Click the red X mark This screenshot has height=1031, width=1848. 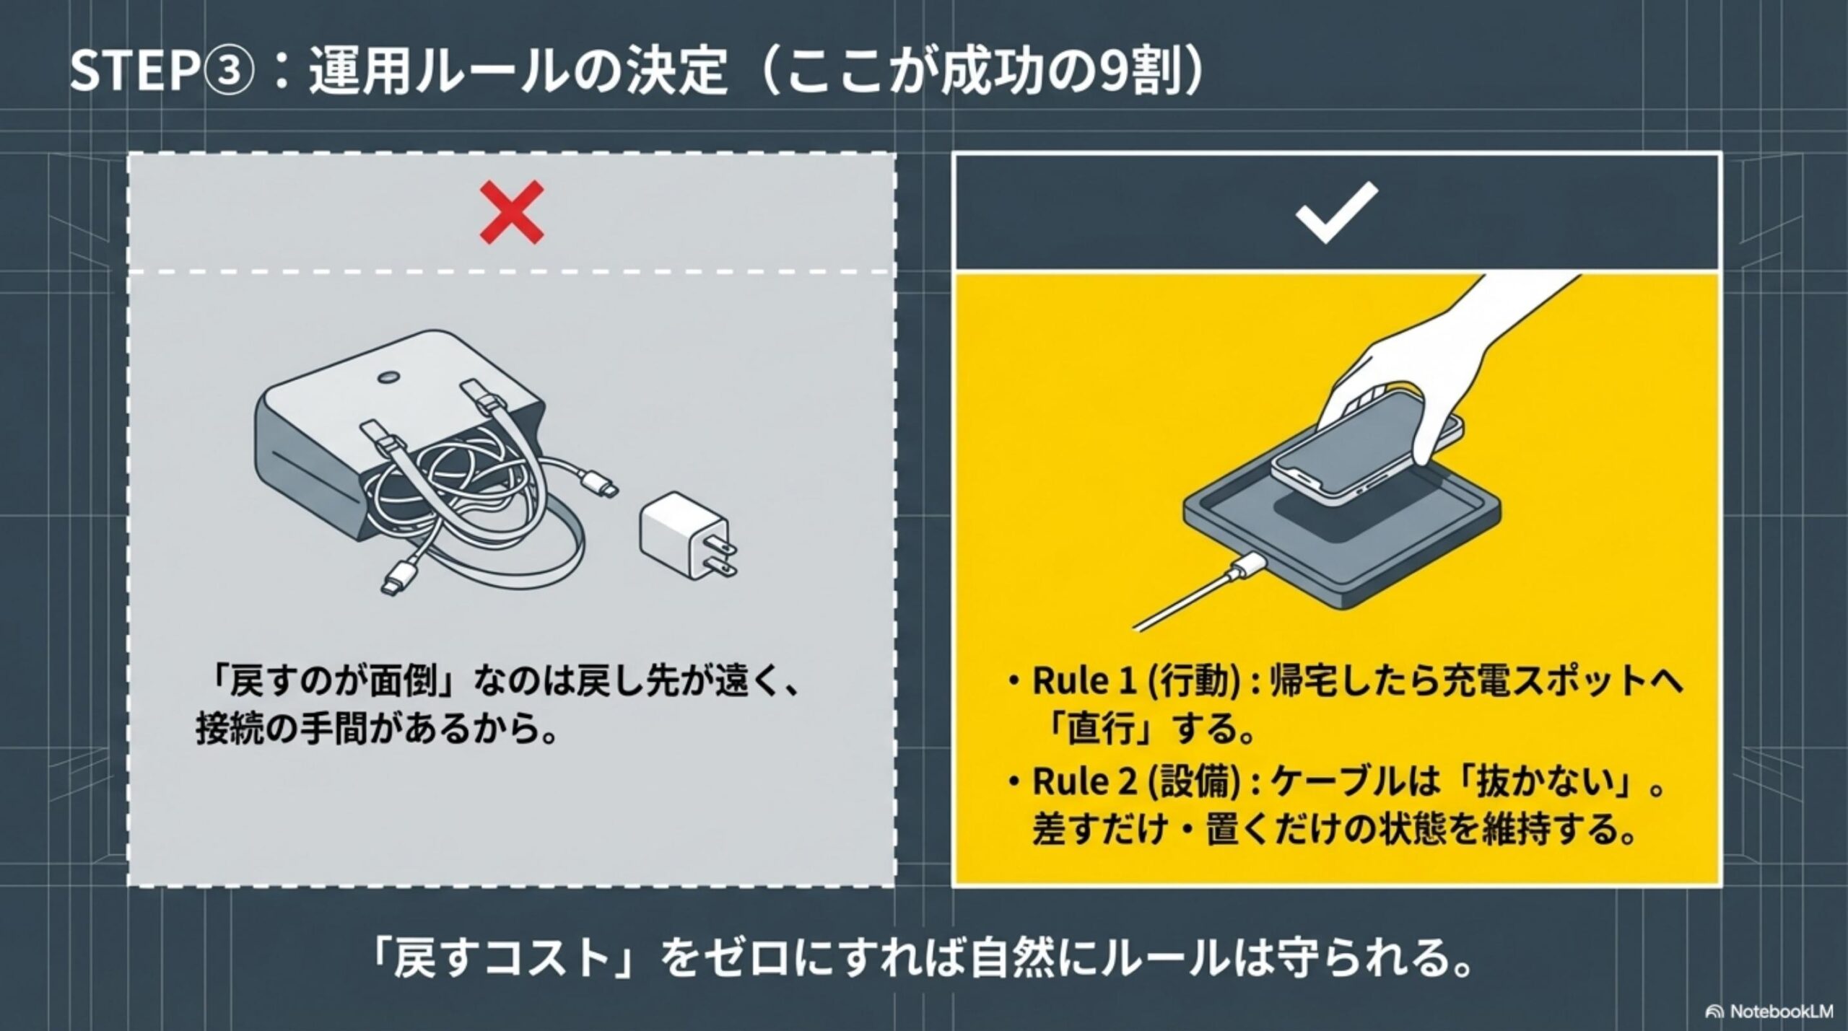point(512,212)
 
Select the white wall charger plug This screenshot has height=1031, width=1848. point(682,534)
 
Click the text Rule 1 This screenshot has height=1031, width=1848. point(1083,680)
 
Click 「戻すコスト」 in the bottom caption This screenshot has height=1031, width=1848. point(505,960)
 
